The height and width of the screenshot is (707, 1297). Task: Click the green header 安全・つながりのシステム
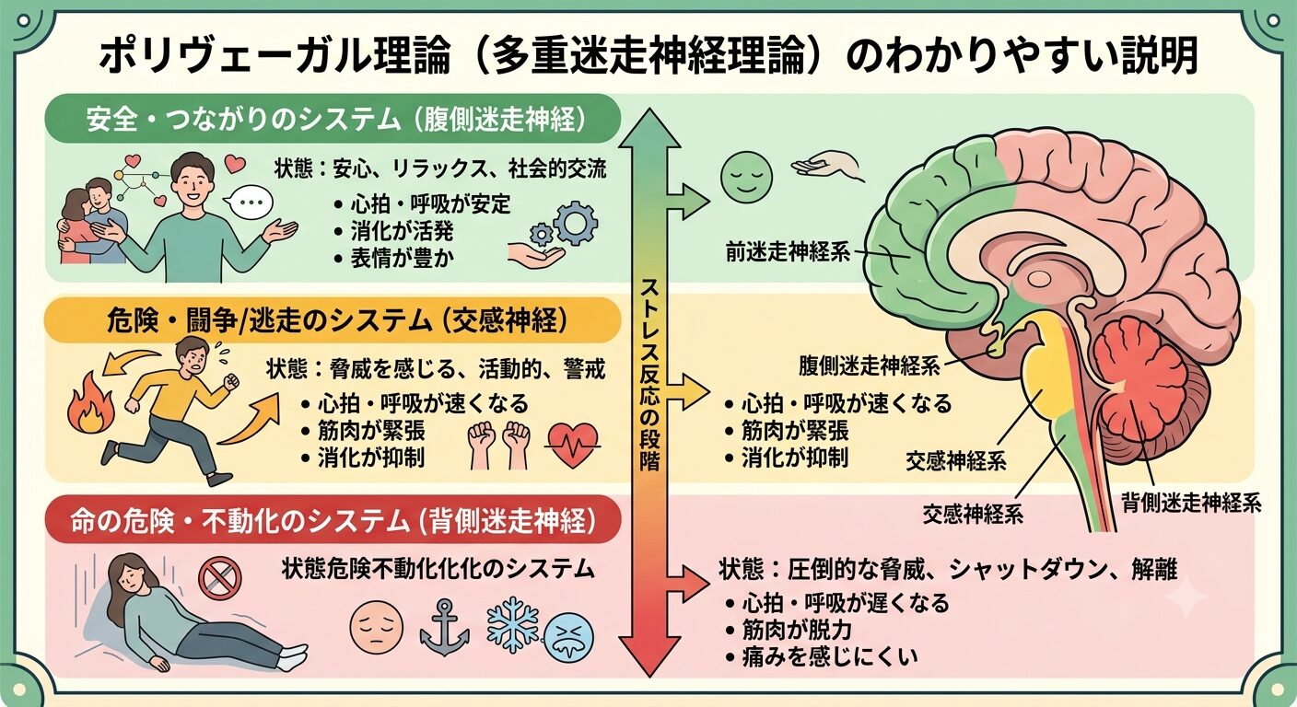[x=333, y=119]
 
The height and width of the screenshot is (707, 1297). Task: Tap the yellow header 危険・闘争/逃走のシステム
[x=333, y=320]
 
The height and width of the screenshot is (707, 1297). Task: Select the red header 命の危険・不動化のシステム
[x=333, y=520]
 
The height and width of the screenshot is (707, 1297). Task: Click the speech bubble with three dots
[x=248, y=203]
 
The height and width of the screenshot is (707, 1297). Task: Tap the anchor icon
[x=444, y=627]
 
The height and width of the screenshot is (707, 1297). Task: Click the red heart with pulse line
[x=573, y=445]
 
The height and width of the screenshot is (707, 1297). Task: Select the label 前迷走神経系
[x=788, y=253]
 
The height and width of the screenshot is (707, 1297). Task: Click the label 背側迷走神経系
[x=1192, y=503]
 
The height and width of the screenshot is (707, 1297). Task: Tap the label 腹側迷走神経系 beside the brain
[x=869, y=365]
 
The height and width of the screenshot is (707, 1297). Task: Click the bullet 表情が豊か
[x=394, y=258]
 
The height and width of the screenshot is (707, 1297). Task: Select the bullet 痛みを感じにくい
[x=822, y=656]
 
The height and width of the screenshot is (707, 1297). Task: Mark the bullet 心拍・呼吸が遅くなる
[x=837, y=603]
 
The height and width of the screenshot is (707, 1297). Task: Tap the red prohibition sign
[x=220, y=579]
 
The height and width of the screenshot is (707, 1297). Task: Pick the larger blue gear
[x=576, y=223]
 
